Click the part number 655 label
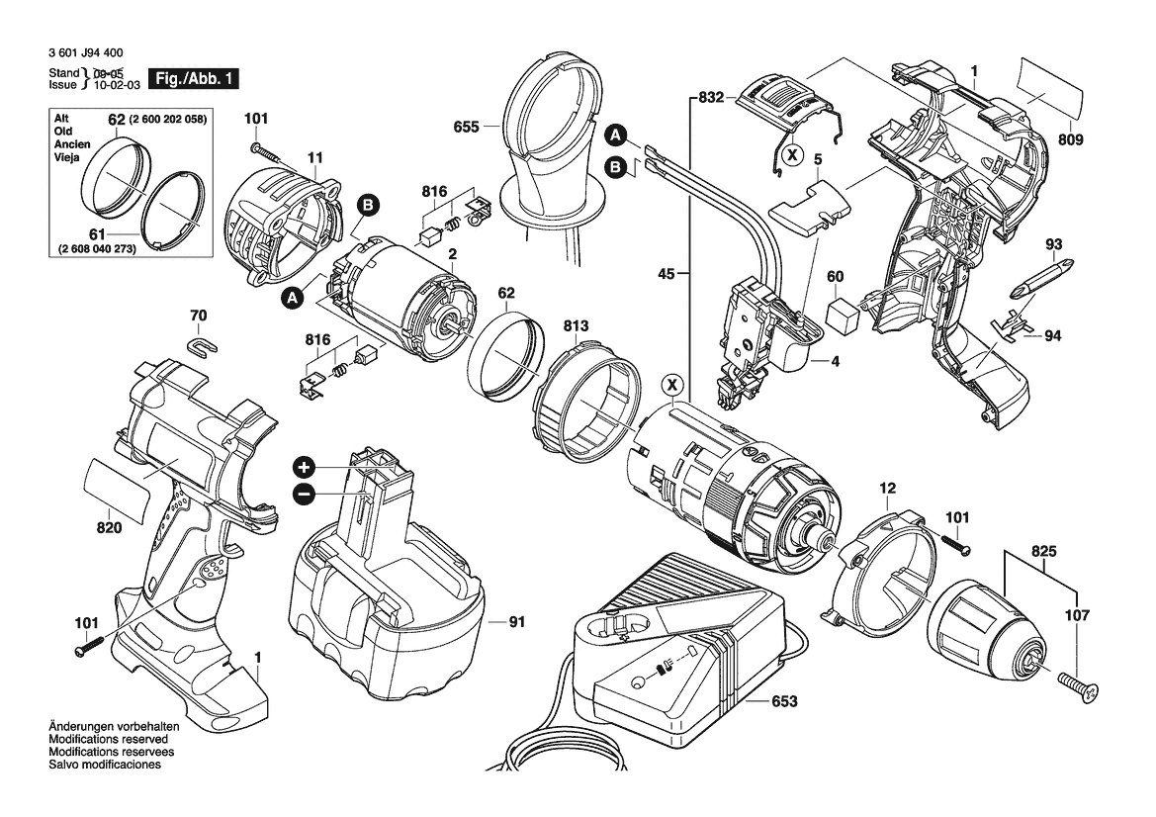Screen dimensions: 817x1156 (x=468, y=127)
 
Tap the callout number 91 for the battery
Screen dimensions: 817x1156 (x=516, y=622)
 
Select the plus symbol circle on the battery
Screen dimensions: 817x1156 (x=304, y=467)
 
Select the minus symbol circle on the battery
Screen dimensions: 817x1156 (x=304, y=494)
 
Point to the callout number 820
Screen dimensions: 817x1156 (x=109, y=528)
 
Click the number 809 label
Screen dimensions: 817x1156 (x=1070, y=140)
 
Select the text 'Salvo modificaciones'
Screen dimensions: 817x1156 (x=104, y=766)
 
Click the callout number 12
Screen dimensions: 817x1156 (x=887, y=488)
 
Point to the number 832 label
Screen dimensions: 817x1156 (x=710, y=97)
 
